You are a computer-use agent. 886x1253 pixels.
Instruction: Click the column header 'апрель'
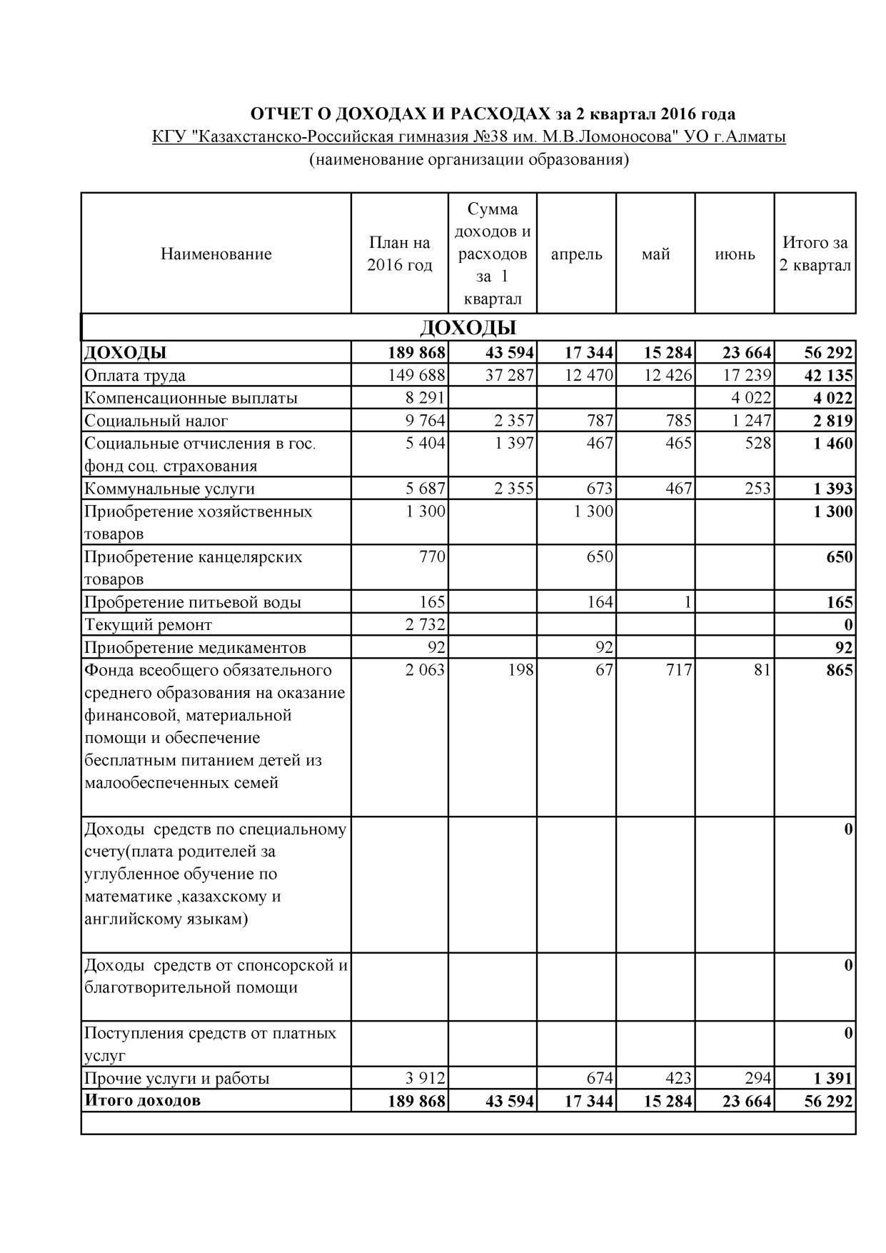(x=576, y=254)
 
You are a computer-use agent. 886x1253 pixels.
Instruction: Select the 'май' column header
(x=655, y=254)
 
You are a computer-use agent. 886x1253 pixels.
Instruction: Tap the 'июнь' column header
(x=735, y=254)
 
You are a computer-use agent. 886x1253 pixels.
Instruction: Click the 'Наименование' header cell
(x=216, y=254)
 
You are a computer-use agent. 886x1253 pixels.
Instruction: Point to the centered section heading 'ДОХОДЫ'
(x=468, y=328)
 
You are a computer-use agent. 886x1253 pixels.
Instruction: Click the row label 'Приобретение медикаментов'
(x=195, y=648)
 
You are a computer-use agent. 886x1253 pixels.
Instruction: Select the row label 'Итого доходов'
(x=142, y=1100)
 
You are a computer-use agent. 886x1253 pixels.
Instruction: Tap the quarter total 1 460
(x=832, y=444)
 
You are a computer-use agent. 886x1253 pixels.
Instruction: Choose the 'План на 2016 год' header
(x=400, y=254)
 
